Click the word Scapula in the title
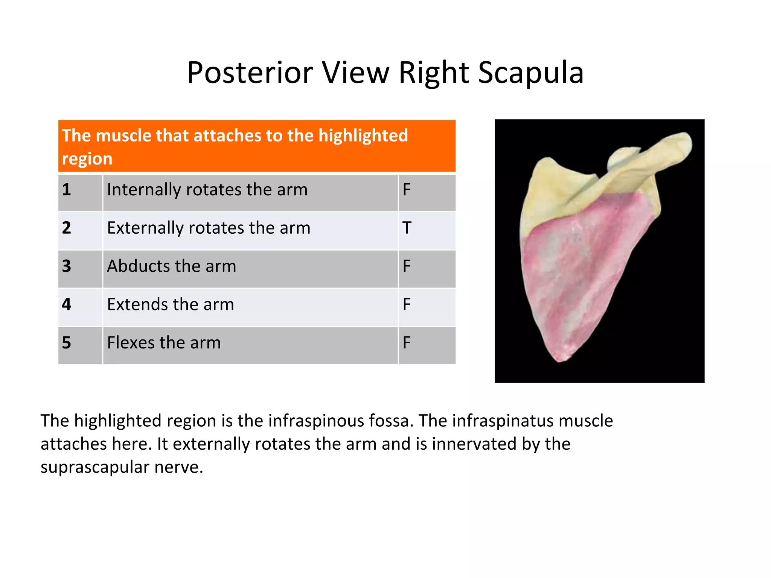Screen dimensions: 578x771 (531, 73)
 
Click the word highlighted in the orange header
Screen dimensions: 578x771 (363, 135)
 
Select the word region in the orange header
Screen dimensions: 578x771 (87, 159)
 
